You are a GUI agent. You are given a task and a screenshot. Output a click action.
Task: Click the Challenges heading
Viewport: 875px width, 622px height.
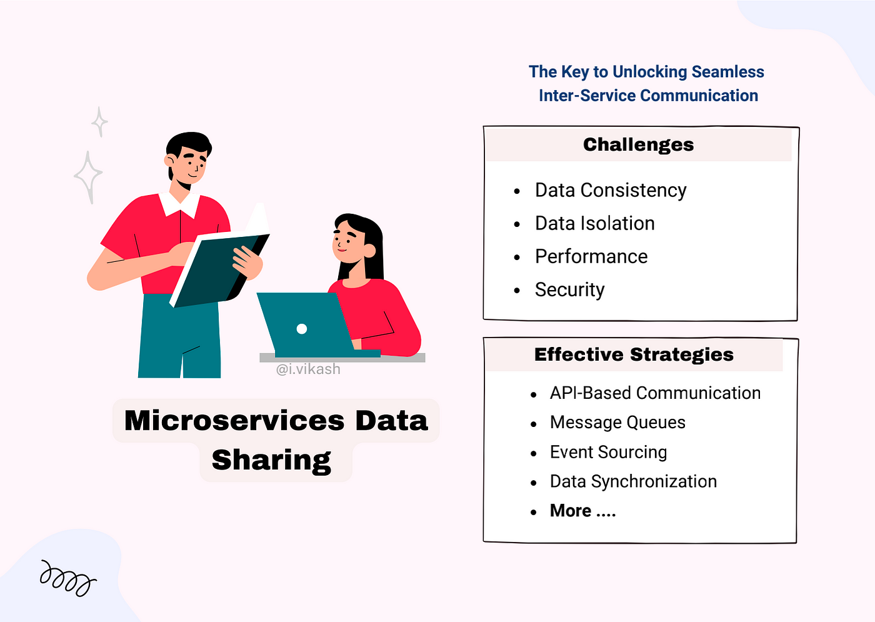pos(638,145)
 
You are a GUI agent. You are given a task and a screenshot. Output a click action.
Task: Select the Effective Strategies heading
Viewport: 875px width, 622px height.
pos(634,355)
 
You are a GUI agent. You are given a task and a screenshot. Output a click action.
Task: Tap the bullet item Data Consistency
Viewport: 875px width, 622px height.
pos(611,191)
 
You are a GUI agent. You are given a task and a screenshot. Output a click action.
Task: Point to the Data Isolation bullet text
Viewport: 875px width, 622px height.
pos(594,224)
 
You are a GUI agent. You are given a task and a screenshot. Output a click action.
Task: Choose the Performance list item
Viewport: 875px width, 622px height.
pos(591,257)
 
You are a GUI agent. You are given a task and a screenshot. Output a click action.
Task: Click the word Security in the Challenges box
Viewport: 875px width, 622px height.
pos(569,290)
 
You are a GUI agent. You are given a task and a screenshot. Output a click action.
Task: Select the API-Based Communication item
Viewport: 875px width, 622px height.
pos(655,393)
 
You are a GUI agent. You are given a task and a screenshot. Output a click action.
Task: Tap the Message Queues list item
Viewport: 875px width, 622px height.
pos(617,423)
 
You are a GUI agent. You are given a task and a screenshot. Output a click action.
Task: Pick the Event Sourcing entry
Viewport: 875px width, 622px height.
pos(608,453)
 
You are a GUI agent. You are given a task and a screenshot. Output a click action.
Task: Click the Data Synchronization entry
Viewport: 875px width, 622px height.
pos(633,482)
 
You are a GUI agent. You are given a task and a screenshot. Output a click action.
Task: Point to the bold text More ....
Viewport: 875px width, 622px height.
pos(570,511)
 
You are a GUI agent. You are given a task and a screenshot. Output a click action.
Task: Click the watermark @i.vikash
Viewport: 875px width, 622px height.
pos(307,369)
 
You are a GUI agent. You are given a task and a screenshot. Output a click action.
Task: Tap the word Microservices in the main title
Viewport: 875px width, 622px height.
pos(234,421)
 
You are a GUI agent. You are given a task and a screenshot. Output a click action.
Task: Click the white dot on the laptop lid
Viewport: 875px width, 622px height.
pos(301,329)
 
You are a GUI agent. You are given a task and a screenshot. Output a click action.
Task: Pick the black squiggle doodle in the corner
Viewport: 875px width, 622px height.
pos(68,578)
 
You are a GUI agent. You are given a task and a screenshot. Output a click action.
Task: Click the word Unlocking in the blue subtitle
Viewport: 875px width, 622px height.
pos(649,73)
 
